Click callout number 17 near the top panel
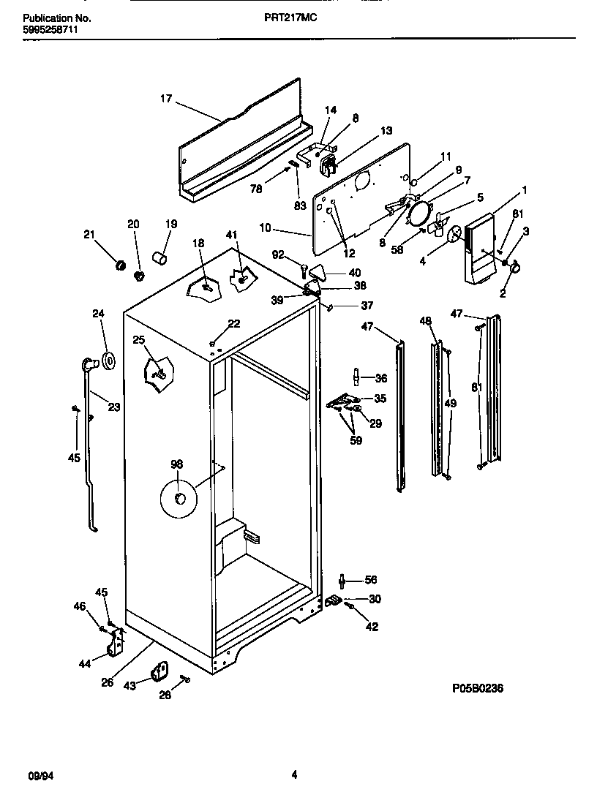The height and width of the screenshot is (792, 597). point(166,99)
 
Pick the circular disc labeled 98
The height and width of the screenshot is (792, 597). point(178,499)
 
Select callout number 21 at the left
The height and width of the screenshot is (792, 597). point(89,234)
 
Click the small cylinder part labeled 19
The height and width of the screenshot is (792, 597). point(159,257)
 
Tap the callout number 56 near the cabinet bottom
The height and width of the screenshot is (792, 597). point(371,580)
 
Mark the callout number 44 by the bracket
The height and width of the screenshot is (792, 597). point(84,663)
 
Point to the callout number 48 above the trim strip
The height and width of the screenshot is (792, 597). point(426,320)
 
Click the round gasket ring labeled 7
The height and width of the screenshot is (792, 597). point(420,213)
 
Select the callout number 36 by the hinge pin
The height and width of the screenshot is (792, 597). point(380,378)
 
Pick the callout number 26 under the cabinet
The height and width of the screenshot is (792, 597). point(108,683)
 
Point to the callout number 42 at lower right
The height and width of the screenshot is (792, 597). point(372,627)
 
